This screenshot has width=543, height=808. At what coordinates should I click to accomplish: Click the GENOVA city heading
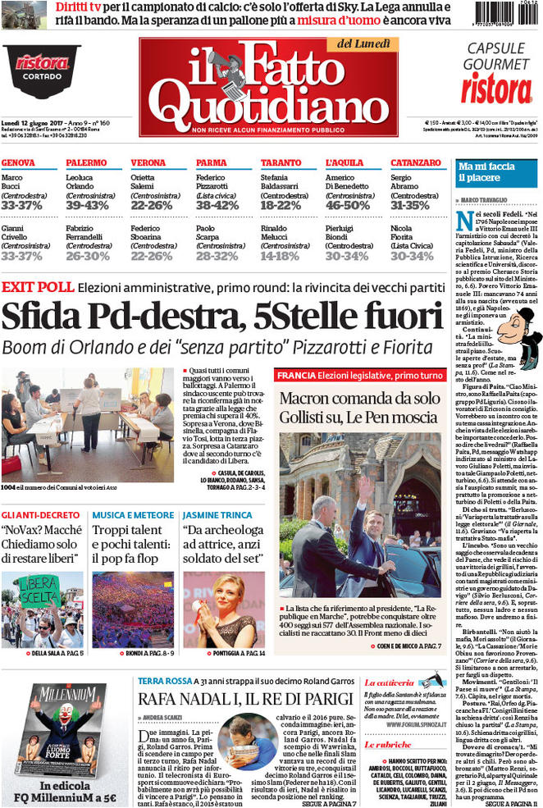(18, 163)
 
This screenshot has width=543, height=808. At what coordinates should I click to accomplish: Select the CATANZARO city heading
(415, 163)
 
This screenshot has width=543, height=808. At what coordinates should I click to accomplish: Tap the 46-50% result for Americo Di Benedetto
(347, 205)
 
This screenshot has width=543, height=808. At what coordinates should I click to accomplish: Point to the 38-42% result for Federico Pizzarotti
(217, 205)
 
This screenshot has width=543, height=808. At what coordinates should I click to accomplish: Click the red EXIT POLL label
(37, 287)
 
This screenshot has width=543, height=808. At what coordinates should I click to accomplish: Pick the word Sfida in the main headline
(48, 317)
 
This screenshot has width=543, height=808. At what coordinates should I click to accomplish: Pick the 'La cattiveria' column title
(390, 682)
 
